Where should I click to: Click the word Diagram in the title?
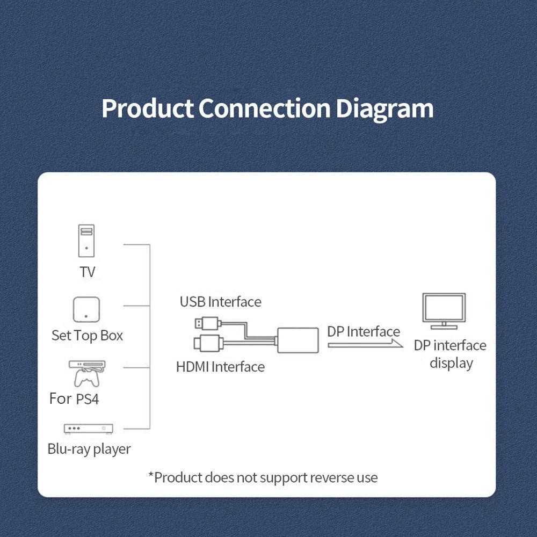click(384, 108)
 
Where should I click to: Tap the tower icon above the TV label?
click(86, 241)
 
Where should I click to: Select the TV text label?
click(87, 272)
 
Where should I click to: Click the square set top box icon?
click(86, 309)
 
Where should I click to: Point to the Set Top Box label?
click(87, 336)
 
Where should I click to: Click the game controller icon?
click(86, 378)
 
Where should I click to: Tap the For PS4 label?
click(74, 399)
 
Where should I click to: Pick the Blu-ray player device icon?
click(89, 429)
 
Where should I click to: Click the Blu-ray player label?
click(89, 449)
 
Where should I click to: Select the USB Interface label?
click(220, 302)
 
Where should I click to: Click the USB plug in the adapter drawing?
click(206, 323)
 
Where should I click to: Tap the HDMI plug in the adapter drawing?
click(207, 342)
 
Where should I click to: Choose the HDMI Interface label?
click(220, 367)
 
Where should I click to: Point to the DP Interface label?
click(364, 331)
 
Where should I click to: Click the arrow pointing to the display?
click(365, 345)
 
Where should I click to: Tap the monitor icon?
click(444, 311)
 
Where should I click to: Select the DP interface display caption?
click(450, 354)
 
